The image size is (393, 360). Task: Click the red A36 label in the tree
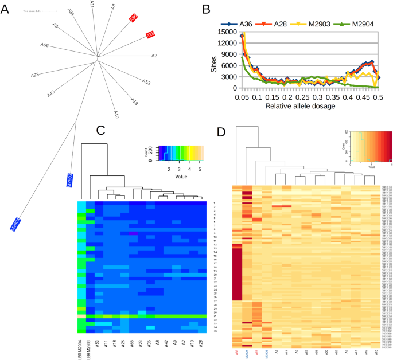coord(133,18)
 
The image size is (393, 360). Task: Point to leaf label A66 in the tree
coord(44,45)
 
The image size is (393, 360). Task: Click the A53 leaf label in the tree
coord(146,83)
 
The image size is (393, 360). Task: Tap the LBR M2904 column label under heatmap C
coord(80,350)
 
